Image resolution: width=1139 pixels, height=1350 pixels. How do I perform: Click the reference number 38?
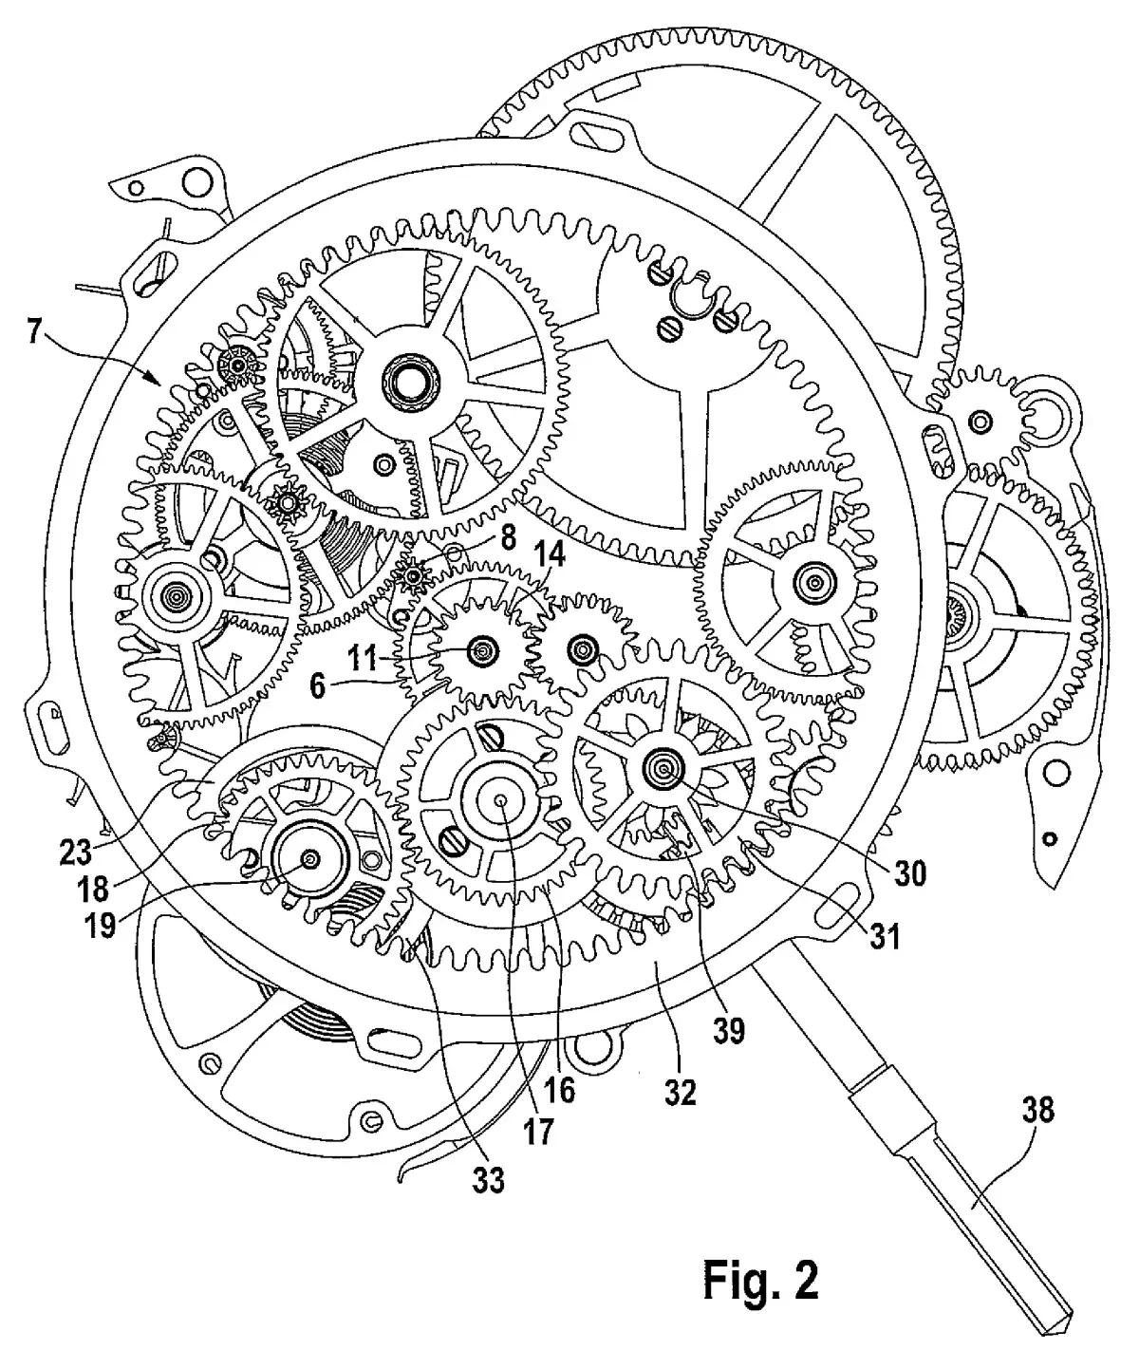pos(1036,1108)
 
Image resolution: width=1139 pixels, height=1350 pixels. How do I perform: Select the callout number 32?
pos(681,1092)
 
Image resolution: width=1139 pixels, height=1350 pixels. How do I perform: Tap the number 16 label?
pos(560,1090)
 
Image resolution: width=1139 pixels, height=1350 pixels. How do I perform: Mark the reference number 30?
pos(909,872)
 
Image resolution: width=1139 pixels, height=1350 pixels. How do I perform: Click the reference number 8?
pos(507,538)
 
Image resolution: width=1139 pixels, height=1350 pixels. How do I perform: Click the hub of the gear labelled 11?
pos(484,650)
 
